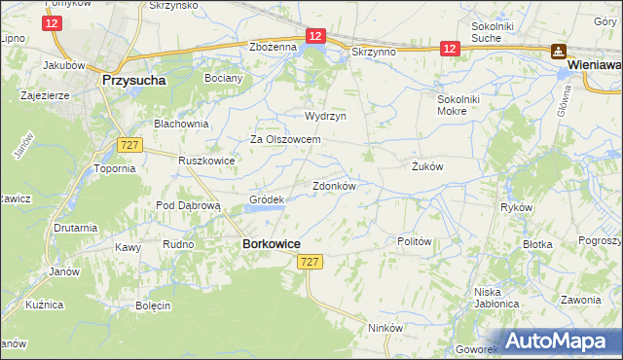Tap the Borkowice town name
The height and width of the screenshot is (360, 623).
[x=271, y=245]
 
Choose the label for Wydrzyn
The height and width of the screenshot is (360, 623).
[x=325, y=116]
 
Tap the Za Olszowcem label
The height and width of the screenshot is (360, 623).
[x=286, y=139]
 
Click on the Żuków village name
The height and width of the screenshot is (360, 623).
[x=427, y=166]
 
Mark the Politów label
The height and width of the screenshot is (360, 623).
[x=415, y=241]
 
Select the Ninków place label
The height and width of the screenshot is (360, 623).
[x=385, y=328]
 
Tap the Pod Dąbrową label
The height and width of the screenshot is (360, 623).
[x=190, y=206]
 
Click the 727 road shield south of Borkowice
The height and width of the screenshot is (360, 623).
[x=310, y=263]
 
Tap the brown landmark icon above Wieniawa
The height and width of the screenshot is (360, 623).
[x=560, y=52]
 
